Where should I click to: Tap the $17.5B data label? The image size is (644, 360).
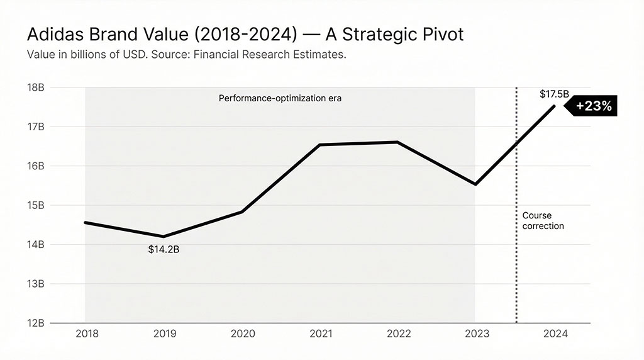554,94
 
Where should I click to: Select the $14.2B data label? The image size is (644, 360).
164,249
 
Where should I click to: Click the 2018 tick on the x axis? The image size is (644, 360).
87,334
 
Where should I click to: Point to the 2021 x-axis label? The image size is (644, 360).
320,334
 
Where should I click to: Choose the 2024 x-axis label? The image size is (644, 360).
554,334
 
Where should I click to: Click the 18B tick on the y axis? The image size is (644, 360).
36,87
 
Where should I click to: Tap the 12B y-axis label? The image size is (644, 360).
36,323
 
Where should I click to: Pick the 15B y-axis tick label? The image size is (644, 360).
36,205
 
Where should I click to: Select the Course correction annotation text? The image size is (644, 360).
543,220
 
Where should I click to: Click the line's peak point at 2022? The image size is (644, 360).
397,142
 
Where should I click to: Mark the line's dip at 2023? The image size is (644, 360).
475,184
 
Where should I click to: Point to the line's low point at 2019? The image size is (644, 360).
164,237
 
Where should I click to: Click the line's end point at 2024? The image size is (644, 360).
554,106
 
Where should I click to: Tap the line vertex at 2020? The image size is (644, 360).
242,212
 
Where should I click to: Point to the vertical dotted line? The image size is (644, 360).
516,264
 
